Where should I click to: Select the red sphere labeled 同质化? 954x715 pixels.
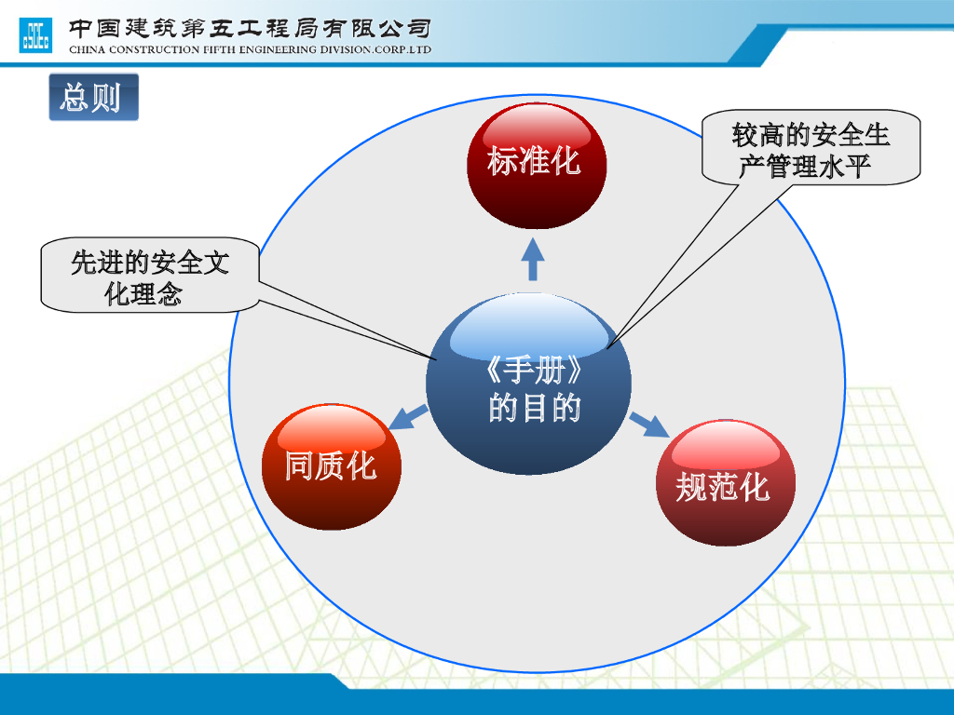click(331, 466)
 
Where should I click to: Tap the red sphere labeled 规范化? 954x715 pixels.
click(726, 483)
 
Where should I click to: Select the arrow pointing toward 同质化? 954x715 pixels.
click(406, 417)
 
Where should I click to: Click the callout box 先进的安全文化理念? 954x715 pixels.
click(149, 277)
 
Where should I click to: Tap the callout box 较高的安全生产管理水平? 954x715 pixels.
click(811, 150)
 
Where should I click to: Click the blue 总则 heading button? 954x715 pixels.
click(93, 98)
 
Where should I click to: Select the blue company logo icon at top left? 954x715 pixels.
click(35, 34)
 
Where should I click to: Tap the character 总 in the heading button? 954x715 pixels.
click(75, 98)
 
